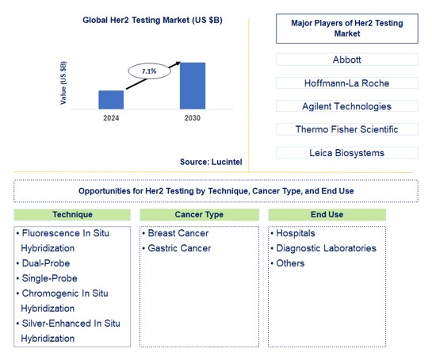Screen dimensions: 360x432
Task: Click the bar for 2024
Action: tap(111, 99)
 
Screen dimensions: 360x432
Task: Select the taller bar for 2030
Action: tap(193, 86)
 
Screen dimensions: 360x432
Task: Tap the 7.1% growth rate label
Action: tap(149, 71)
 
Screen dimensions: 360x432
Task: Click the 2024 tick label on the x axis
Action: tap(111, 118)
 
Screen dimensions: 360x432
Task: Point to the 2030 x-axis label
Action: tap(192, 118)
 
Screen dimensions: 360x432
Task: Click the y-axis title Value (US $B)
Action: tap(63, 82)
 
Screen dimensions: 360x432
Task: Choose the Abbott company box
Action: tap(347, 59)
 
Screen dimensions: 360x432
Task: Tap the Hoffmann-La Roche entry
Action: tap(347, 82)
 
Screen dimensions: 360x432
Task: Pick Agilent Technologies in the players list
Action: tap(347, 105)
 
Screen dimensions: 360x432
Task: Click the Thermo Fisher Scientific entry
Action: tap(347, 129)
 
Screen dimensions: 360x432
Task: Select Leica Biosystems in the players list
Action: tap(347, 152)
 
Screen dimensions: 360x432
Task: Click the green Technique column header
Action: tap(72, 215)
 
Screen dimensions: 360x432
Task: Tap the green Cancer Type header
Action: tap(199, 215)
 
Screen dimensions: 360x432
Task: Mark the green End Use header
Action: tap(327, 215)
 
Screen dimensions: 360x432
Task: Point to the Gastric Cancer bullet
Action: tap(179, 248)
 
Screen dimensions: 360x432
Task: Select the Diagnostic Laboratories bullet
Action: tap(325, 248)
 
